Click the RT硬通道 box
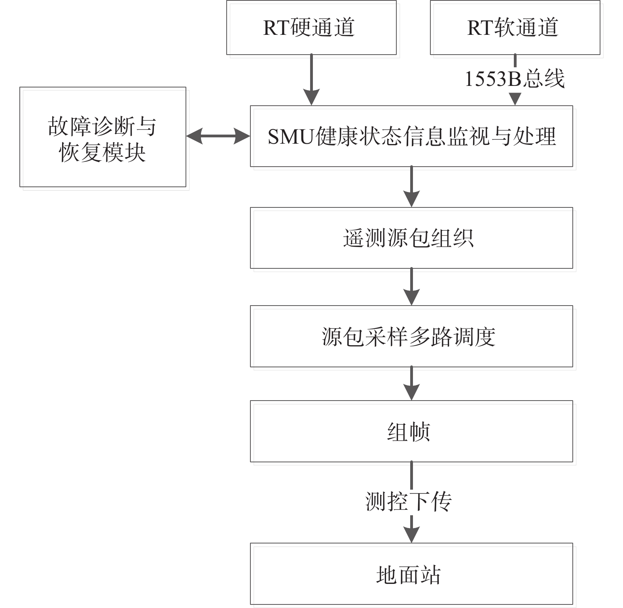tap(311, 27)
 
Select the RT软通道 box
tap(515, 27)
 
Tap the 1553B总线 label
tap(515, 78)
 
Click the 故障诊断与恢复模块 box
tap(103, 137)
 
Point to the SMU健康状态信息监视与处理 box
tap(411, 136)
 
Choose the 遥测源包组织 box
tap(411, 238)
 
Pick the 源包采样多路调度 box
tap(411, 336)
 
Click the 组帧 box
tap(411, 431)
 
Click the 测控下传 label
tap(409, 502)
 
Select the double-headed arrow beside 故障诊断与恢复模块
tap(218, 137)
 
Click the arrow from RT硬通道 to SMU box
tap(312, 80)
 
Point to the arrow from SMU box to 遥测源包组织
tap(412, 187)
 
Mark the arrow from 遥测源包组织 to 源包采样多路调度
tap(412, 287)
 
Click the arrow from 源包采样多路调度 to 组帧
tap(412, 384)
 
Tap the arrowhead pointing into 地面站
tap(412, 535)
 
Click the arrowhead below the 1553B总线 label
tap(515, 99)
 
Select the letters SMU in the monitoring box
tap(291, 137)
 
